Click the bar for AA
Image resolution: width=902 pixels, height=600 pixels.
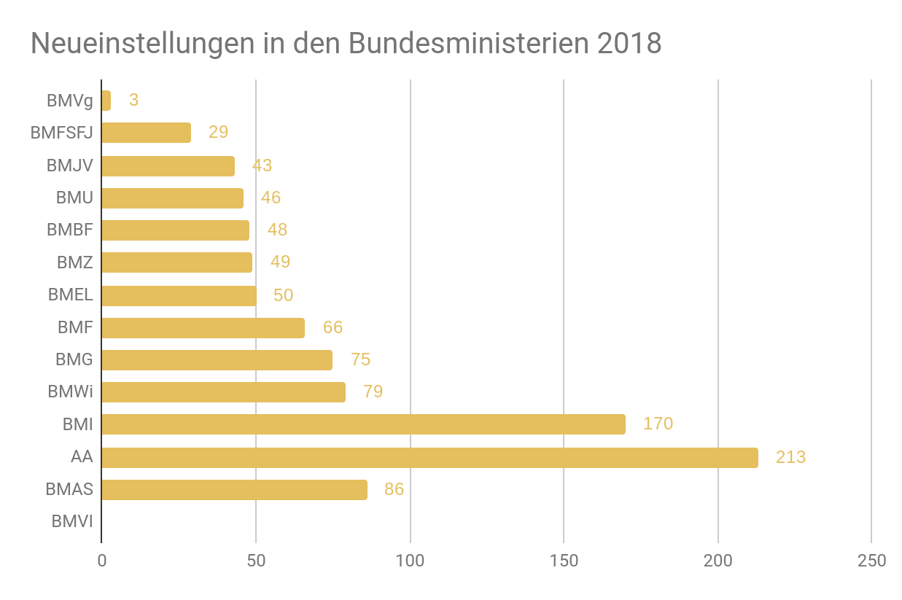(x=429, y=458)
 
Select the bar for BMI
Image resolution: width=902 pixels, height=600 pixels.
(x=363, y=424)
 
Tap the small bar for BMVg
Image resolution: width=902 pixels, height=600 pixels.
(x=106, y=101)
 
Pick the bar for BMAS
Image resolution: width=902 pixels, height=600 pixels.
(x=234, y=490)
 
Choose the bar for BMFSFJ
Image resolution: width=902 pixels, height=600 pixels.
(x=146, y=133)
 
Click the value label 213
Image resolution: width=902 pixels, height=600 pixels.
(x=790, y=458)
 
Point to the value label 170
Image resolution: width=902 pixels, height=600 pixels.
(x=658, y=424)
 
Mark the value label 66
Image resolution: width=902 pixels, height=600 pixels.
(x=333, y=327)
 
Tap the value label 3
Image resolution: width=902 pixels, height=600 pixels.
(x=133, y=101)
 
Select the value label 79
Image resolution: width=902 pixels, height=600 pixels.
(x=373, y=392)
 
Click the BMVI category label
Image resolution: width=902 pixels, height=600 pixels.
(x=72, y=522)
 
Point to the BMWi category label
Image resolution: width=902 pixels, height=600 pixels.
(x=71, y=392)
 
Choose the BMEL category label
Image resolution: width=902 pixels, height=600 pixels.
(x=71, y=295)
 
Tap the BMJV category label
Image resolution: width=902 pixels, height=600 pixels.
(x=70, y=165)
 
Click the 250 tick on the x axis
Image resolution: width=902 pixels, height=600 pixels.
(x=872, y=561)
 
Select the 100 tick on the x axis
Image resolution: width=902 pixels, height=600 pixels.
(x=410, y=561)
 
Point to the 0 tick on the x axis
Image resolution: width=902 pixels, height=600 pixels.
(x=101, y=561)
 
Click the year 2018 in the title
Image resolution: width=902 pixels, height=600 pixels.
(x=629, y=44)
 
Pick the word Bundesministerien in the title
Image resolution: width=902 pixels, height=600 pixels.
(x=469, y=44)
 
